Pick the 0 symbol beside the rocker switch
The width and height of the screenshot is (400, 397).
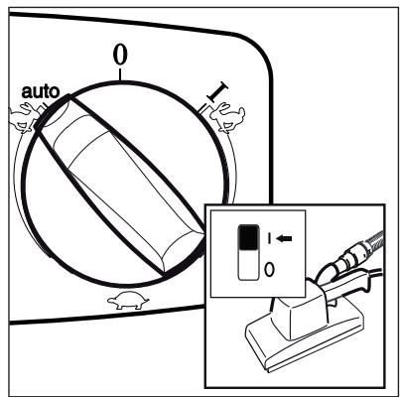coord(270,268)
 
